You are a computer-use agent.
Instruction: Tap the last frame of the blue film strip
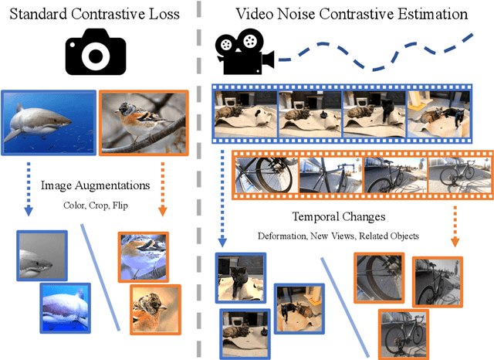pos(438,110)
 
